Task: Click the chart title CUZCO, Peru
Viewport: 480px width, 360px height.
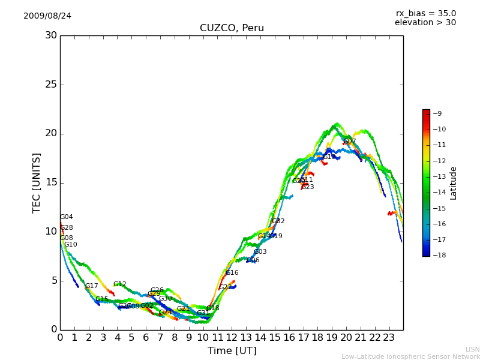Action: coord(232,28)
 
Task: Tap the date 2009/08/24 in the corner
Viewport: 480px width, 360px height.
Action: coord(47,16)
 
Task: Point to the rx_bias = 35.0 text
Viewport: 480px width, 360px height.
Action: coord(425,14)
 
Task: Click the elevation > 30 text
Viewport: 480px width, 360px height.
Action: coord(425,23)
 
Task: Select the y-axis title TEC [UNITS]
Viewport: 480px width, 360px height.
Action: coord(37,182)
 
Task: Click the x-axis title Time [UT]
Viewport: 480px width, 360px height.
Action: coord(232,351)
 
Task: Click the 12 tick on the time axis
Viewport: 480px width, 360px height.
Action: coord(232,338)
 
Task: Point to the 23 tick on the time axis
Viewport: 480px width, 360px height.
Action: coord(389,338)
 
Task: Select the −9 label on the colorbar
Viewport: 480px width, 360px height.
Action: coord(437,113)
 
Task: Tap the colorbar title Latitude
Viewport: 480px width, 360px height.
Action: coord(454,182)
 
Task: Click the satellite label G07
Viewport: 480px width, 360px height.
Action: coord(350,142)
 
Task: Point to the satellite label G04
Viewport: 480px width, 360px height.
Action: coord(66,217)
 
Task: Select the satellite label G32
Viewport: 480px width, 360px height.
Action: coord(278,221)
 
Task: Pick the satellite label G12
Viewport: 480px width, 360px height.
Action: coord(120,284)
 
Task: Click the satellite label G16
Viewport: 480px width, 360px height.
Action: coord(232,273)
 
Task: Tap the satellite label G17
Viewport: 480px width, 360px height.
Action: coord(91,286)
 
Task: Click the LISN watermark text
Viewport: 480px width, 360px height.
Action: coord(472,349)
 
